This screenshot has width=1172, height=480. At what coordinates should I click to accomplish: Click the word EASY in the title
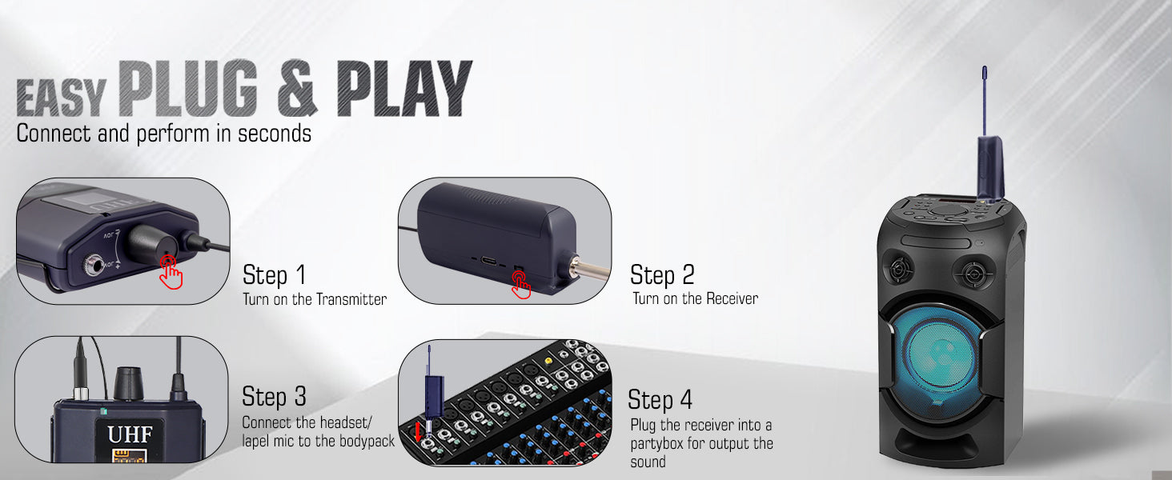click(62, 98)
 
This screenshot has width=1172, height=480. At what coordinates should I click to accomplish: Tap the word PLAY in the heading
click(404, 88)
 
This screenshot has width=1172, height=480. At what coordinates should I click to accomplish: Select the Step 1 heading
click(274, 274)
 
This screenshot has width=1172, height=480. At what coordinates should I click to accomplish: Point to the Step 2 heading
click(662, 274)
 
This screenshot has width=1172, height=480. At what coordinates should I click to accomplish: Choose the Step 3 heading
click(274, 396)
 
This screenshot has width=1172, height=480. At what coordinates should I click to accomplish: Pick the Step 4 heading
click(660, 399)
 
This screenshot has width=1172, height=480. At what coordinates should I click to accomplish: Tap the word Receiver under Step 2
click(732, 298)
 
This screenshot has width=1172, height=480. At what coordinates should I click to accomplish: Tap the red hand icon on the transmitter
click(171, 272)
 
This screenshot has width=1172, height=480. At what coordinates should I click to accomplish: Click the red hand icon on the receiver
click(520, 285)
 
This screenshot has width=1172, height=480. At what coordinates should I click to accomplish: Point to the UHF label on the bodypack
click(130, 434)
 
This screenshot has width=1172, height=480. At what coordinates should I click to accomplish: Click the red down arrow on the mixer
click(418, 432)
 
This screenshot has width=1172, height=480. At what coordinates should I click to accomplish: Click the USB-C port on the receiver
click(488, 260)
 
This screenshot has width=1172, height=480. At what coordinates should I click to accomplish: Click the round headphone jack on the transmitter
click(94, 266)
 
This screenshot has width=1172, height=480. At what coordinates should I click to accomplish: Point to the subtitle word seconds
click(275, 134)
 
